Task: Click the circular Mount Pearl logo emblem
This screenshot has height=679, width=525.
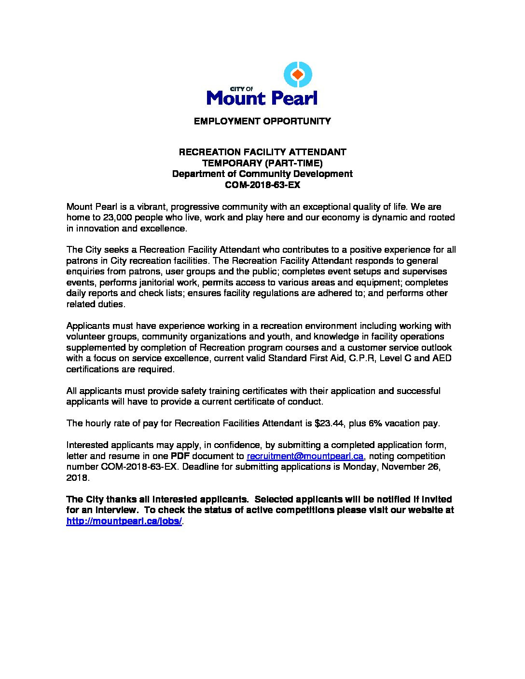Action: [x=297, y=75]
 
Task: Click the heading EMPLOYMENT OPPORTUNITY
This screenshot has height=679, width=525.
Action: [x=262, y=121]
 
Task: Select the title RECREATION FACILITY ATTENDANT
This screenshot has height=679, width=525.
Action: [x=262, y=152]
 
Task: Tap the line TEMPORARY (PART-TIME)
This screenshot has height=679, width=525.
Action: [x=262, y=163]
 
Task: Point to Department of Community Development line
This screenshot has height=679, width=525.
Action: [x=262, y=174]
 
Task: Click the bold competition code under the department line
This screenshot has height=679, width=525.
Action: [x=262, y=185]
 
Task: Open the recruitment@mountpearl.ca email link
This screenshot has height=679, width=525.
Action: [x=304, y=456]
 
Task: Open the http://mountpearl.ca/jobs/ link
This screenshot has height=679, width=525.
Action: [x=124, y=521]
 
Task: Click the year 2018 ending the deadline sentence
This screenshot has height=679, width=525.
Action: [x=77, y=478]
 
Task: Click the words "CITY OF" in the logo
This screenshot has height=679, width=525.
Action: [x=241, y=89]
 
